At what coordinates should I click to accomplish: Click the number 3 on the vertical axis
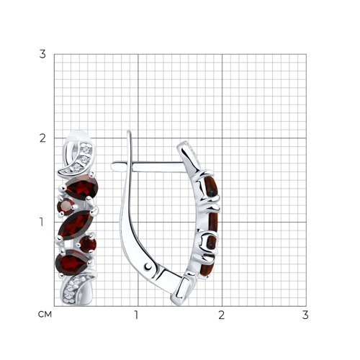point(42,54)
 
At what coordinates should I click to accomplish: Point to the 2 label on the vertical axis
point(42,138)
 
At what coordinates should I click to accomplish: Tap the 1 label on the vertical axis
point(42,222)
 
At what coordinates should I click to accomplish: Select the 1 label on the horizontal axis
point(136,315)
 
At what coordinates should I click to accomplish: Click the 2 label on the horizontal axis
point(222,315)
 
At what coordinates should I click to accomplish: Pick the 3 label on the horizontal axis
point(305,315)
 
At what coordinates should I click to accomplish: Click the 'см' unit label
point(45,314)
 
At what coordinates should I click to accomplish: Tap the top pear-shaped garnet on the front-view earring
point(82,187)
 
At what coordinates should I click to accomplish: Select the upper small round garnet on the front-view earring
point(66,207)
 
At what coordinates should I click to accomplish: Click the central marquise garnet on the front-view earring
point(76,225)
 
